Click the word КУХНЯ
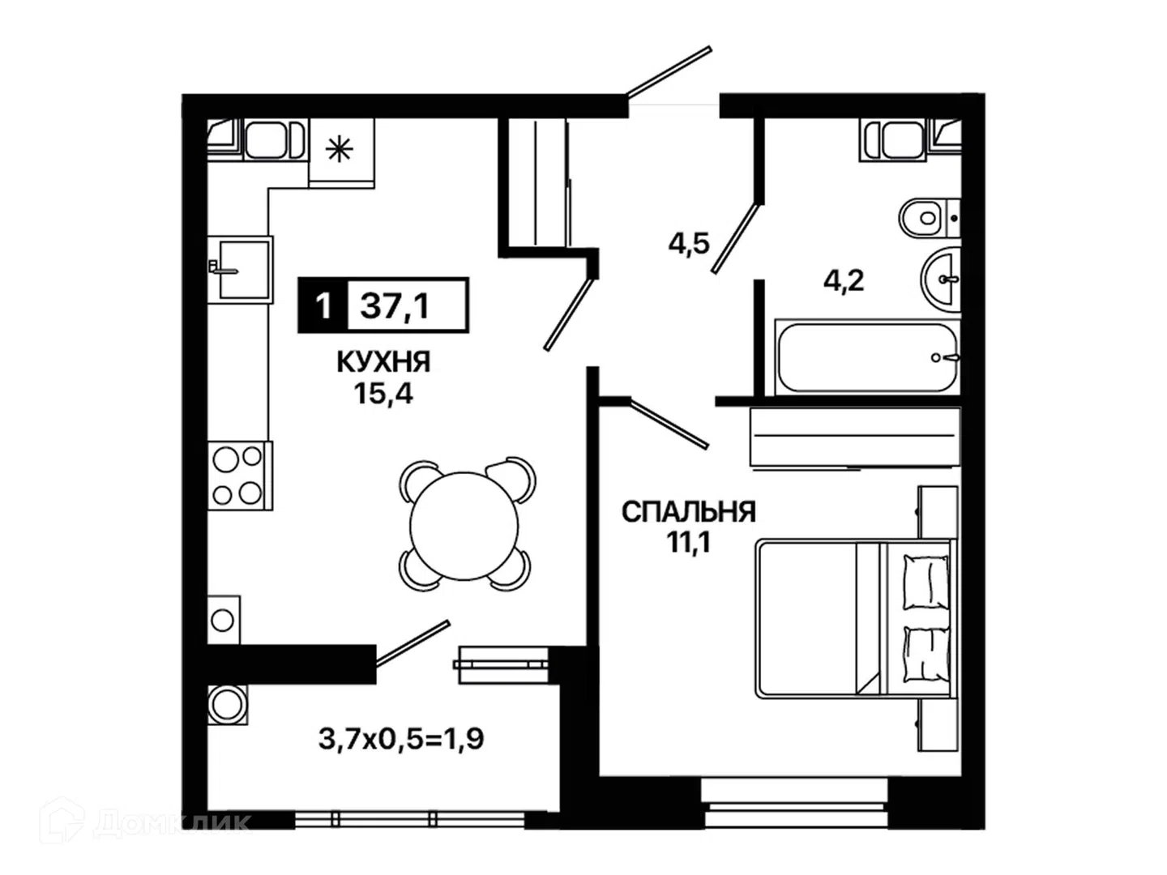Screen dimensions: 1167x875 (383, 362)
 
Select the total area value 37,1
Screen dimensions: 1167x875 (395, 306)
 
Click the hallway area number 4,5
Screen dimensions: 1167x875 (689, 245)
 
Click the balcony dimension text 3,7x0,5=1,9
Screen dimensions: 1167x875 (401, 738)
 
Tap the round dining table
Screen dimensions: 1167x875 (464, 526)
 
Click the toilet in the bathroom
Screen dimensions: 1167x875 (930, 219)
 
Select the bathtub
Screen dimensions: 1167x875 (867, 357)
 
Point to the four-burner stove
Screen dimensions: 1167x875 (240, 476)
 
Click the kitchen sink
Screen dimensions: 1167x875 (240, 270)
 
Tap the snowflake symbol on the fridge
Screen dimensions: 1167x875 (340, 149)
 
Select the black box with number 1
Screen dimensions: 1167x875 (323, 306)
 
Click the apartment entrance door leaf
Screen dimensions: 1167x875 (669, 72)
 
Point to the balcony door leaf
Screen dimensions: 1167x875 (413, 643)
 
